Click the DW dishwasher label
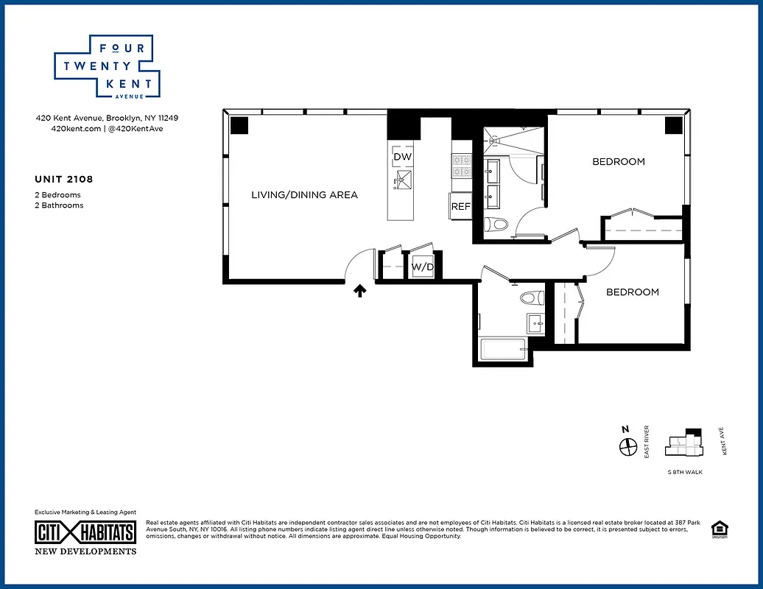[402, 158]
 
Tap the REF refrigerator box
[460, 207]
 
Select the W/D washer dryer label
[422, 267]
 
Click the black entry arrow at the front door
[360, 291]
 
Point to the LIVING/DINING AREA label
[304, 195]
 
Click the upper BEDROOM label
[619, 162]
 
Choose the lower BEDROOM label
[632, 292]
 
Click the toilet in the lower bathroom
[531, 298]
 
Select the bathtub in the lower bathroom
[503, 349]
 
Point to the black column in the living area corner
[239, 125]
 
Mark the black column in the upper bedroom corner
[674, 125]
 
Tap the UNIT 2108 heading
[64, 179]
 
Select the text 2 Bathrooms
[59, 205]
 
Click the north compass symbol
[627, 446]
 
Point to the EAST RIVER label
[647, 442]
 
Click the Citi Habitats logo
[85, 532]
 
